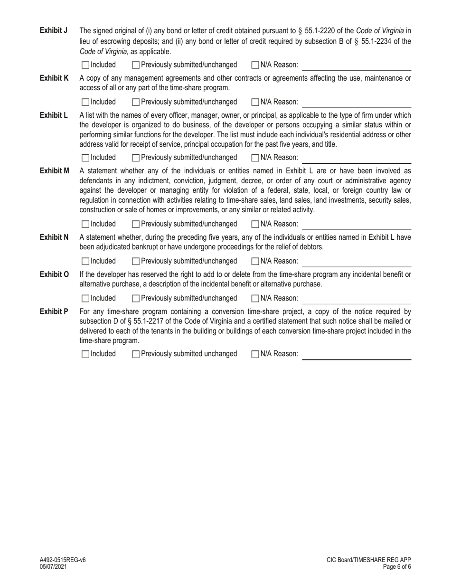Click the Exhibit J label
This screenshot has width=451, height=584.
pos(54,31)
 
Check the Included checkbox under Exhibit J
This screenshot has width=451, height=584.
pos(85,65)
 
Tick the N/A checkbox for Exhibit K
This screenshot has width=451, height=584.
pos(255,102)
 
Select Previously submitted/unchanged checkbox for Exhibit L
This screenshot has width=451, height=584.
pos(136,158)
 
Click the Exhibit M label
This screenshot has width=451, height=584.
pos(55,170)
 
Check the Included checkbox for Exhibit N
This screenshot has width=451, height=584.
pos(85,261)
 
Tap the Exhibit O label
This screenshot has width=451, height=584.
pos(55,274)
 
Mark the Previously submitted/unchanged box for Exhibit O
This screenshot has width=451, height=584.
pos(136,298)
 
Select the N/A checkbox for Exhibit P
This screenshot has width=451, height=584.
pos(255,354)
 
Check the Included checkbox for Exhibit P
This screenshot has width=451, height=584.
pos(85,354)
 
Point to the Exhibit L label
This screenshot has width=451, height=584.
pos(54,115)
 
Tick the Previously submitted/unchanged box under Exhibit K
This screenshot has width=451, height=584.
pos(136,102)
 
